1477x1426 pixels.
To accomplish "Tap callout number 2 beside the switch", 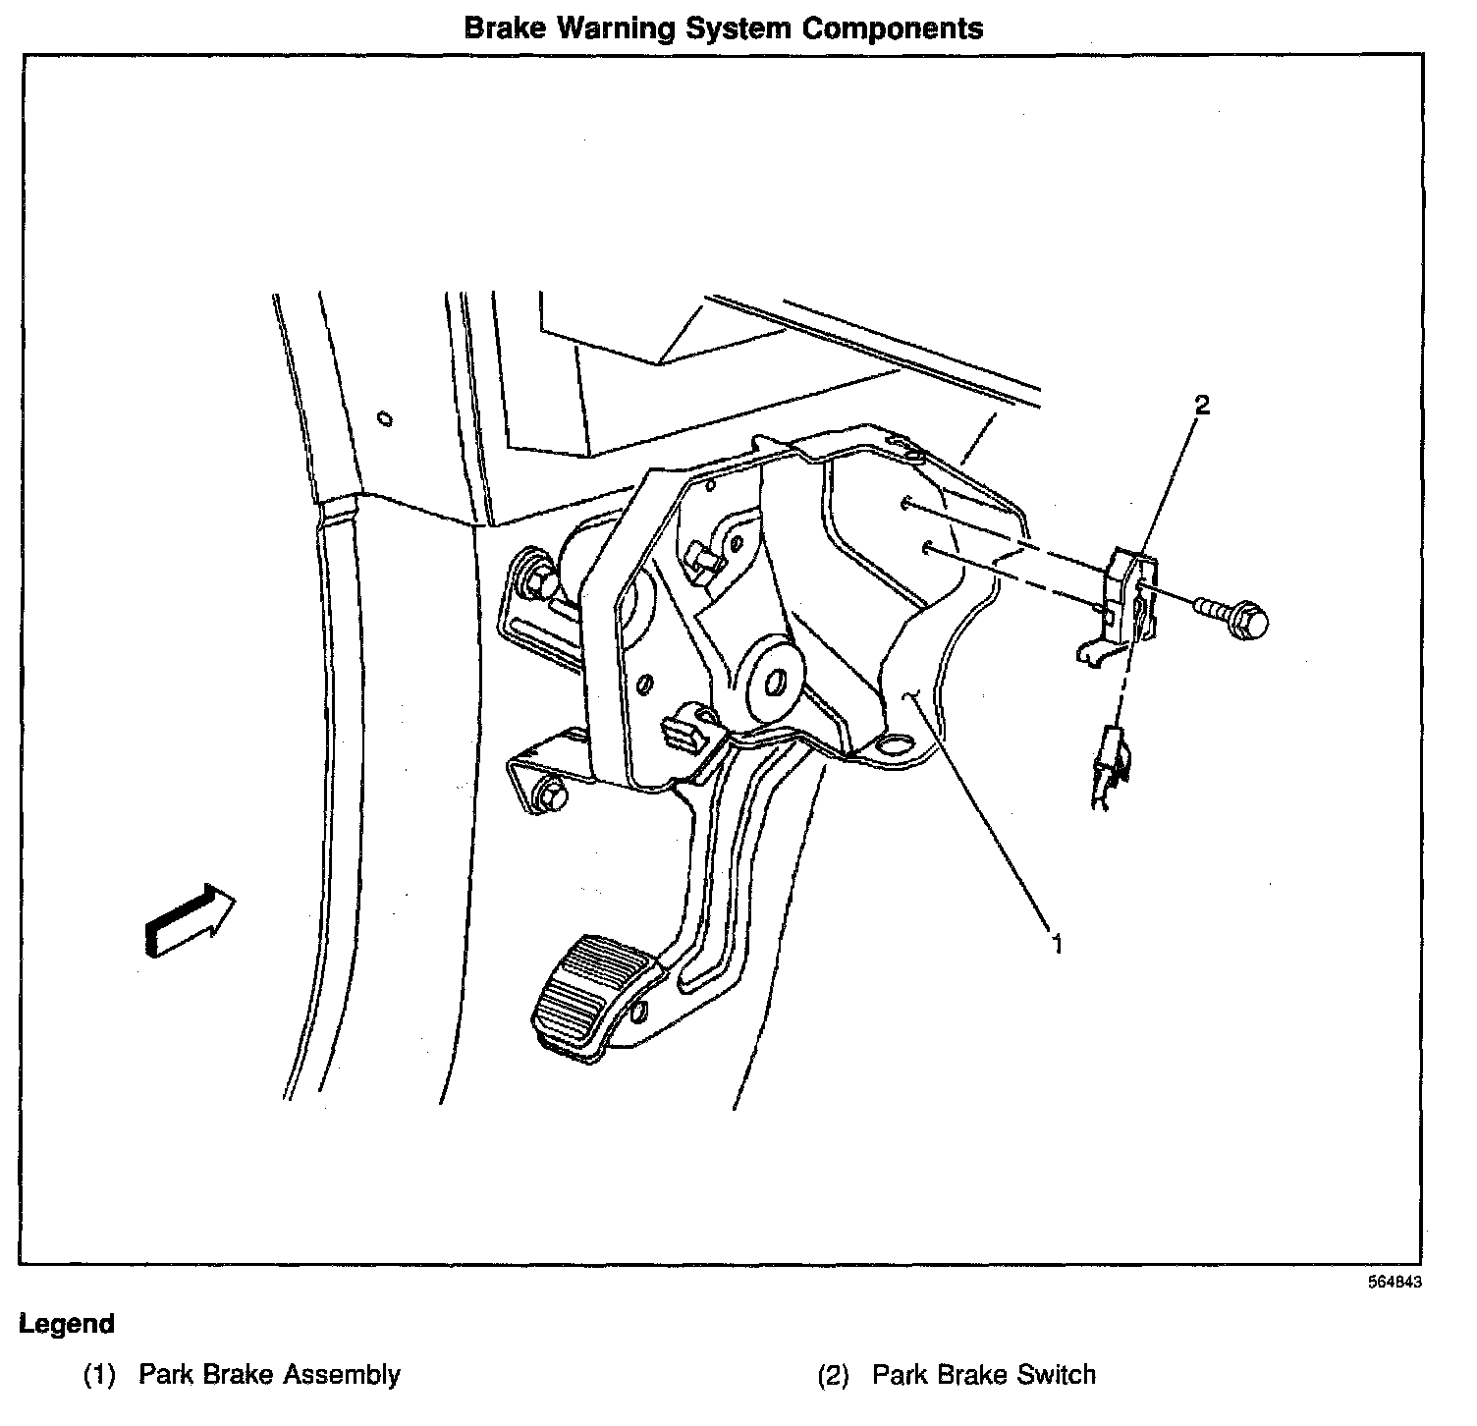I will pos(1201,404).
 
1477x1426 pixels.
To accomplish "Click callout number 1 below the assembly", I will pos(1057,944).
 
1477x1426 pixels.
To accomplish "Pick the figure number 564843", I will pos(1395,1283).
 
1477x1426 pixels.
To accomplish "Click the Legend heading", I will pos(67,1324).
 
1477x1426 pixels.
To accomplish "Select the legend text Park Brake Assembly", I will pos(269,1374).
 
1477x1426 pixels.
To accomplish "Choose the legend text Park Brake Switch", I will pos(983,1374).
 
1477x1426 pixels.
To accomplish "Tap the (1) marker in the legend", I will pos(99,1375).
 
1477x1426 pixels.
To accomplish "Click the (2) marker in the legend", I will pos(833,1375).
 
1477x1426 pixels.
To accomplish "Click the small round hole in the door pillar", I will pos(386,419).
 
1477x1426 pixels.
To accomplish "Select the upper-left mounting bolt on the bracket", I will pos(536,582).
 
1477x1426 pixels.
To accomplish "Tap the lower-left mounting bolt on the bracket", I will pos(553,796).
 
